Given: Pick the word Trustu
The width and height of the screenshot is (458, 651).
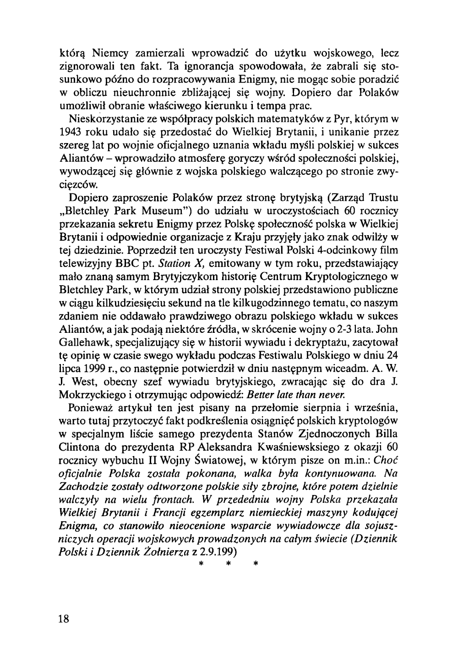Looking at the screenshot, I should tap(381, 199).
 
